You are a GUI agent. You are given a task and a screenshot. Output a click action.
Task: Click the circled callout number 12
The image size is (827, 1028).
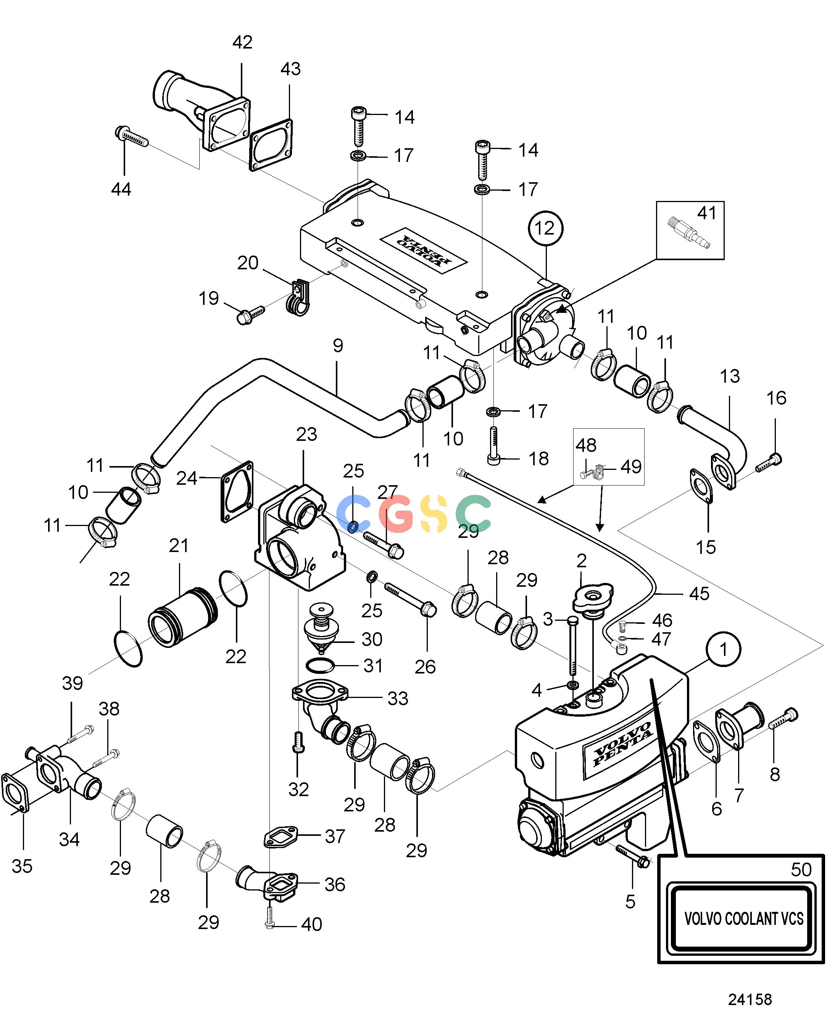(545, 228)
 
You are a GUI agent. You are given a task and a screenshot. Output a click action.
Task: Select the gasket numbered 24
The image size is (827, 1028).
(237, 492)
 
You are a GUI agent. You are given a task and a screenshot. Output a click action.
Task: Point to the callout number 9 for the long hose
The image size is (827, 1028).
(338, 345)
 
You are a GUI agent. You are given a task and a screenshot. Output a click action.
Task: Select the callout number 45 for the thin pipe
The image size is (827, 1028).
(699, 594)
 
